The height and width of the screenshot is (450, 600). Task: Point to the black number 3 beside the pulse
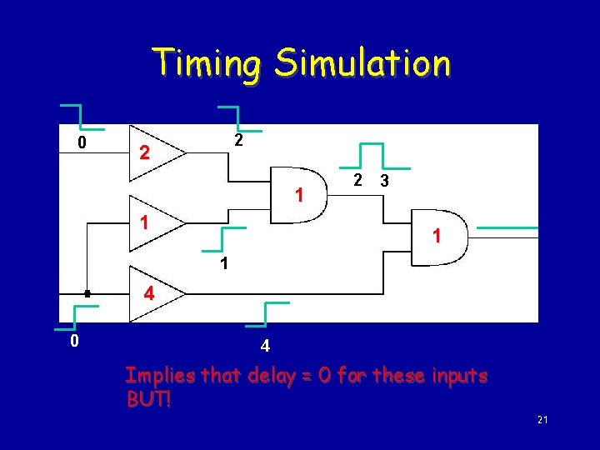click(x=383, y=181)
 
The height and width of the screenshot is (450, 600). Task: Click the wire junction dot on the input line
click(x=87, y=293)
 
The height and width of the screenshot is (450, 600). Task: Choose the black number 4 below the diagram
click(x=264, y=345)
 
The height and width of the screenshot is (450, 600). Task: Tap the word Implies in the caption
click(x=155, y=376)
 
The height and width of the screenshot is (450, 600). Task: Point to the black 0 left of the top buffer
click(x=81, y=143)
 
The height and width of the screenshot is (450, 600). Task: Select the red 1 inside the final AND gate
click(x=437, y=237)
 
